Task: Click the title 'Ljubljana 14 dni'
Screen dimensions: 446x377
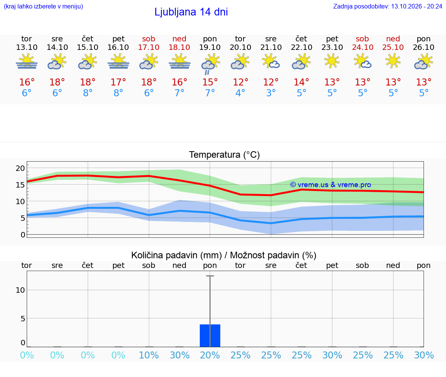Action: pos(191,12)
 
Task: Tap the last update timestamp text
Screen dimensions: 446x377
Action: pos(388,6)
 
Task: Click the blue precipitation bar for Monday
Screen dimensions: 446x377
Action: pos(210,336)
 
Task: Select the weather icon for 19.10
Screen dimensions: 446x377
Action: pos(211,64)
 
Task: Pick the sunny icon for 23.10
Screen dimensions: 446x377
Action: pos(332,61)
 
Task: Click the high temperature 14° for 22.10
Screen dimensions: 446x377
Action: pos(301,82)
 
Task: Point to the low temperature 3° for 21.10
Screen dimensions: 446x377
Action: pos(271,93)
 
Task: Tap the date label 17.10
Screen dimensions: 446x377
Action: pos(149,47)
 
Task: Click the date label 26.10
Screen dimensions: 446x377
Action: pos(424,47)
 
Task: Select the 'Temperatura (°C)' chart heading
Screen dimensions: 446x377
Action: pos(225,155)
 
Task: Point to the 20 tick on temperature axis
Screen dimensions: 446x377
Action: pos(20,168)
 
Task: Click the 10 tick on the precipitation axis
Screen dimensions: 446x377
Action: pos(20,290)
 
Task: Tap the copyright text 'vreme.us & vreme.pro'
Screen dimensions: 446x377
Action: pos(334,185)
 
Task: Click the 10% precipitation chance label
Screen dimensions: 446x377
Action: pos(149,355)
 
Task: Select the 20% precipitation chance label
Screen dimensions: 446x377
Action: pos(210,355)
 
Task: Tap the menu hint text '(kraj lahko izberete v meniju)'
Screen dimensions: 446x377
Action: pos(43,6)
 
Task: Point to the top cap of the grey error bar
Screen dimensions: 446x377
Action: pos(210,276)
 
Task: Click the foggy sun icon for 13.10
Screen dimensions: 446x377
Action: pos(27,61)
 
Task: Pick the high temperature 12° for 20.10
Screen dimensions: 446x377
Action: pos(240,82)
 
